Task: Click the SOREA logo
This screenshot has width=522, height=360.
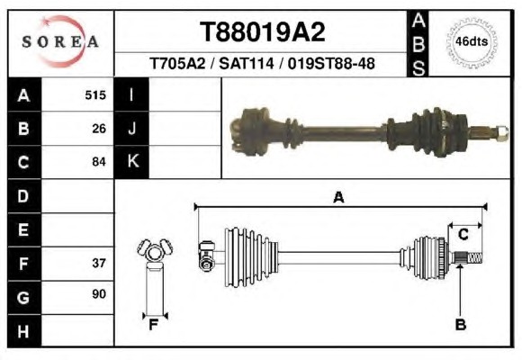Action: point(60,41)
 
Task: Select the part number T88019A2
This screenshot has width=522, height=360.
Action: point(262,32)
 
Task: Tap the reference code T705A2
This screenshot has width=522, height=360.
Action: point(178,63)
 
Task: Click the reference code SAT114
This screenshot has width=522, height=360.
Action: point(247,63)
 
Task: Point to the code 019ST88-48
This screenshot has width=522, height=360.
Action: point(331,63)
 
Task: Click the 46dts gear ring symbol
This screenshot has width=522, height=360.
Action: point(472,42)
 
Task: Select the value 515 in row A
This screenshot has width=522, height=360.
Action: point(95,95)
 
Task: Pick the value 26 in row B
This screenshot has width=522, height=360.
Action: point(99,129)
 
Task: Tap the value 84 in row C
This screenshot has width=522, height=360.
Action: point(99,162)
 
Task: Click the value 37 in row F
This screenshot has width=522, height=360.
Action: point(99,263)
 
